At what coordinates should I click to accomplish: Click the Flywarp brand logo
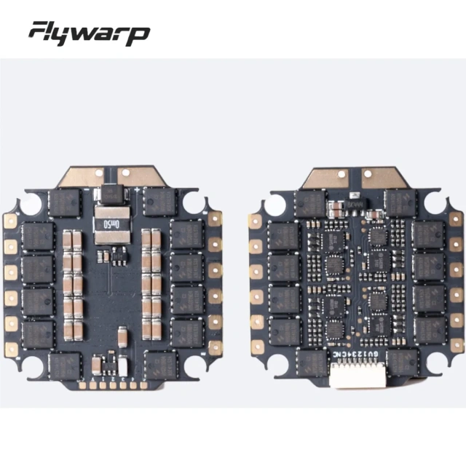pos(89,33)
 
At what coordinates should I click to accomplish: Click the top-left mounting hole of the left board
pos(31,204)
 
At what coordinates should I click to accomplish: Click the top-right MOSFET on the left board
pos(159,202)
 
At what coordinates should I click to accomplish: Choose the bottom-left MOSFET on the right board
pos(311,362)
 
